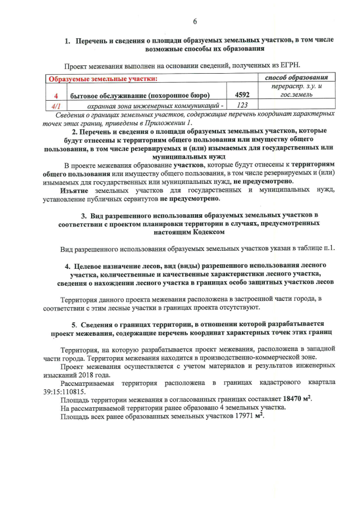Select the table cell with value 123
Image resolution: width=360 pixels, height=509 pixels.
tap(242, 105)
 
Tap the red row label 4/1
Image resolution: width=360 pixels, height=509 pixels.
tap(56, 105)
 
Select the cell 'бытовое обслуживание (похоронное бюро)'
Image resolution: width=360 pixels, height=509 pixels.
tap(139, 95)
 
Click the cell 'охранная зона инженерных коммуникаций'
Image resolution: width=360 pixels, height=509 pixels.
tap(152, 105)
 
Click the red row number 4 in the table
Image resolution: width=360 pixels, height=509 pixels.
tap(56, 95)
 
